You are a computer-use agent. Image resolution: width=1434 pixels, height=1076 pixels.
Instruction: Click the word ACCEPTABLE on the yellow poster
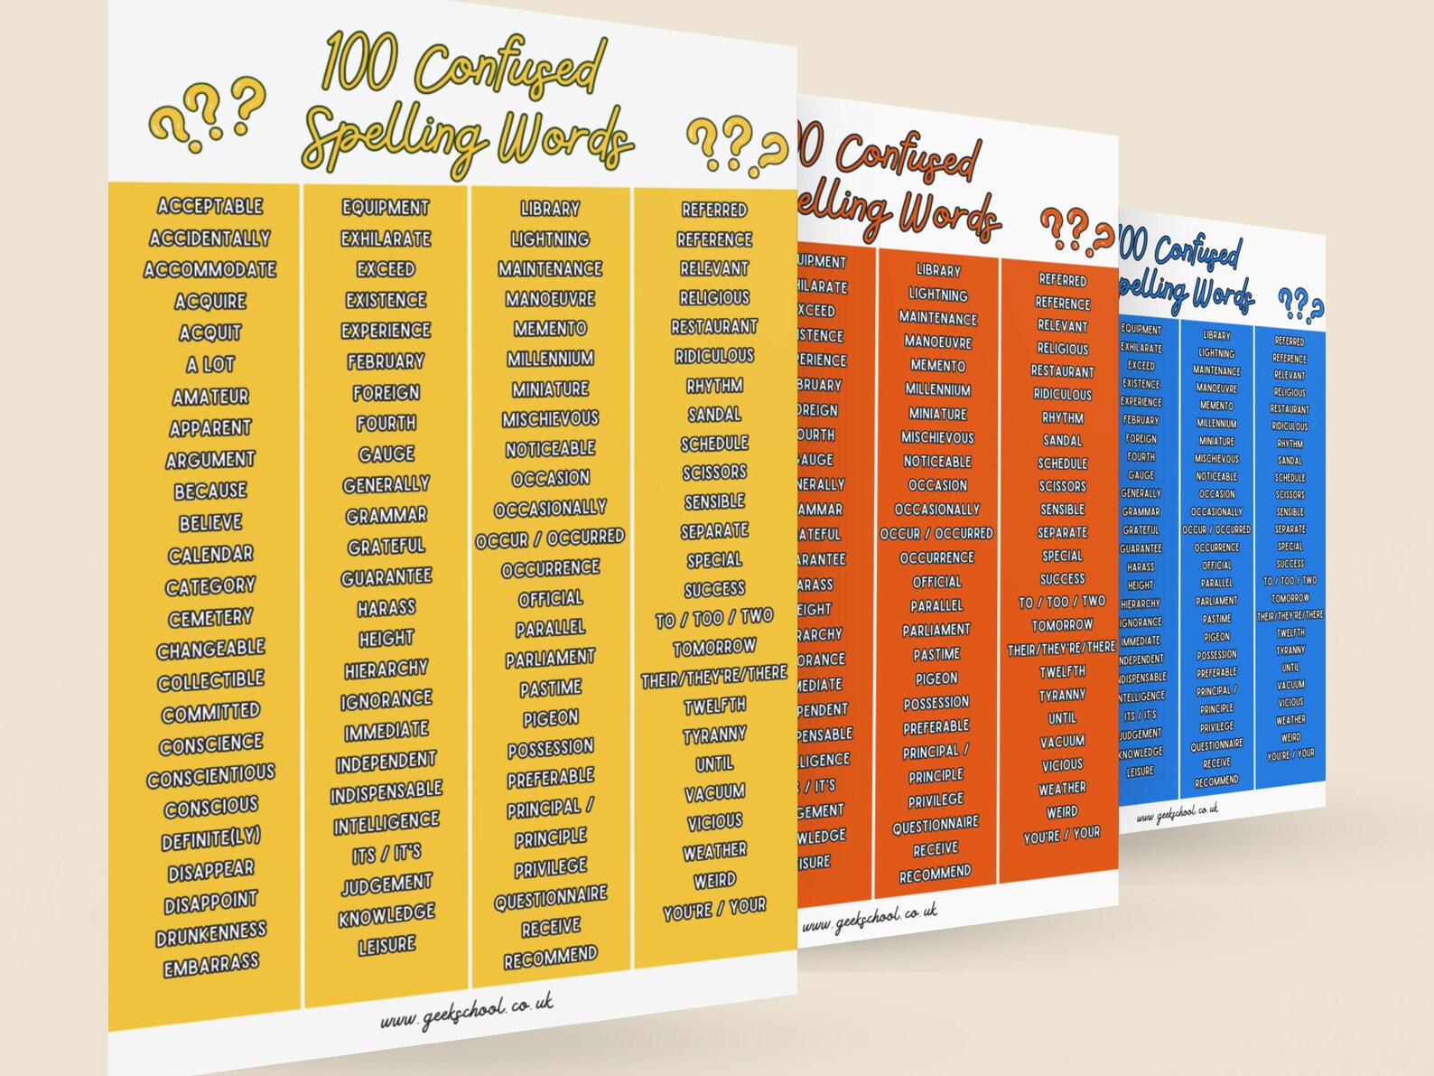point(210,206)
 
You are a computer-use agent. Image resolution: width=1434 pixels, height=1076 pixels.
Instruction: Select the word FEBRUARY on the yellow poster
point(386,361)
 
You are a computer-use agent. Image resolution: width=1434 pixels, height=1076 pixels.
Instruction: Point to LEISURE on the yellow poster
point(386,945)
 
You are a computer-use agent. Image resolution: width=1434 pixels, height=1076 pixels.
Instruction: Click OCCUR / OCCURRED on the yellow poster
point(550,538)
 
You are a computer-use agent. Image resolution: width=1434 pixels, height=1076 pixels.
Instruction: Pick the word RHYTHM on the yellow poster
point(714,386)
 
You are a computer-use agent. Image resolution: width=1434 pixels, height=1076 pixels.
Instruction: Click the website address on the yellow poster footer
point(466,1011)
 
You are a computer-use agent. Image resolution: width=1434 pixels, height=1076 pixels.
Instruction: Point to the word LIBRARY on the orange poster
point(938,270)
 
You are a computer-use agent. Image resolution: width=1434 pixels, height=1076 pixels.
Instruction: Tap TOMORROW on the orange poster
point(1062,625)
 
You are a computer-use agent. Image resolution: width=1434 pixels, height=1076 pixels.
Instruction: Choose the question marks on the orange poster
point(1075,230)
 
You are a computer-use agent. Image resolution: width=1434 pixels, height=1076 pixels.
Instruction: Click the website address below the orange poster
point(869,918)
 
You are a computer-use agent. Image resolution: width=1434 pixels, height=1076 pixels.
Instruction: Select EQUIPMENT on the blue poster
point(1141,330)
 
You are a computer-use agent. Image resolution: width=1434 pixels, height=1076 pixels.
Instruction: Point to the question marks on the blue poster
point(1299,305)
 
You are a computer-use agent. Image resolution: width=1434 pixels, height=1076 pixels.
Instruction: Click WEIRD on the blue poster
point(1290,737)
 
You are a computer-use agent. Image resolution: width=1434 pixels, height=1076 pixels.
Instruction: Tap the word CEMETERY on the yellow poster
point(210,618)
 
